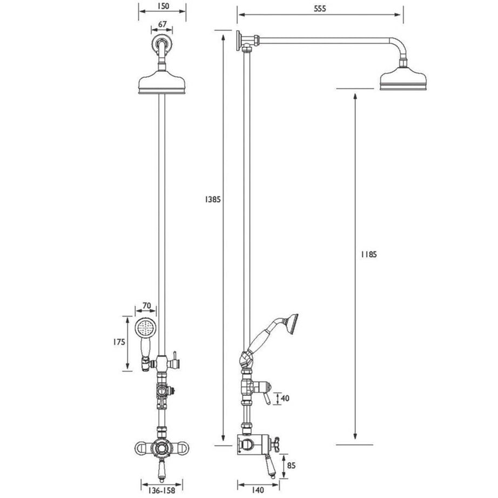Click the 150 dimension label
[163, 6]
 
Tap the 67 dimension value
[162, 24]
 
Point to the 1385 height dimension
[212, 199]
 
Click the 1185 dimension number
[368, 254]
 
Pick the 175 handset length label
[119, 342]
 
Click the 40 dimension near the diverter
[286, 399]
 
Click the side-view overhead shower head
[403, 80]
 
